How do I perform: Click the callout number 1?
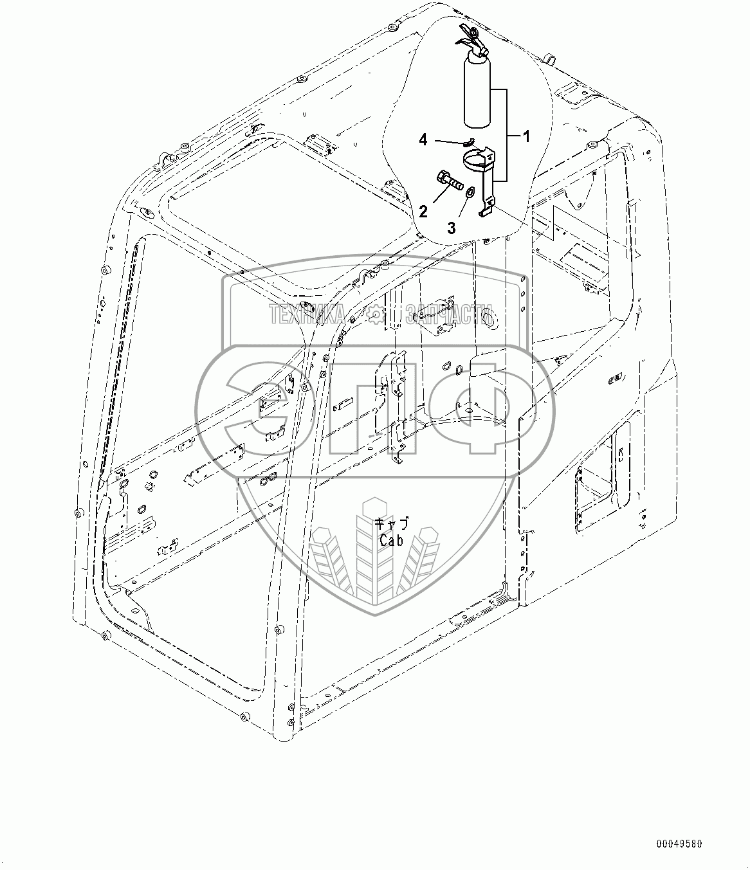[x=526, y=136]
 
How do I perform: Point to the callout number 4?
[x=423, y=139]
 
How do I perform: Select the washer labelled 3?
[x=470, y=192]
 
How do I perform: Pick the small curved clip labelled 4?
[x=468, y=142]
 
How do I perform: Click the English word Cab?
[x=391, y=541]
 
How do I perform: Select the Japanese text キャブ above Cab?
[x=391, y=525]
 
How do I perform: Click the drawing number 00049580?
[x=680, y=843]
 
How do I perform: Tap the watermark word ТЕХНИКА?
[x=307, y=315]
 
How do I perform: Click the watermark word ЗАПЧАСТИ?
[x=450, y=315]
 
